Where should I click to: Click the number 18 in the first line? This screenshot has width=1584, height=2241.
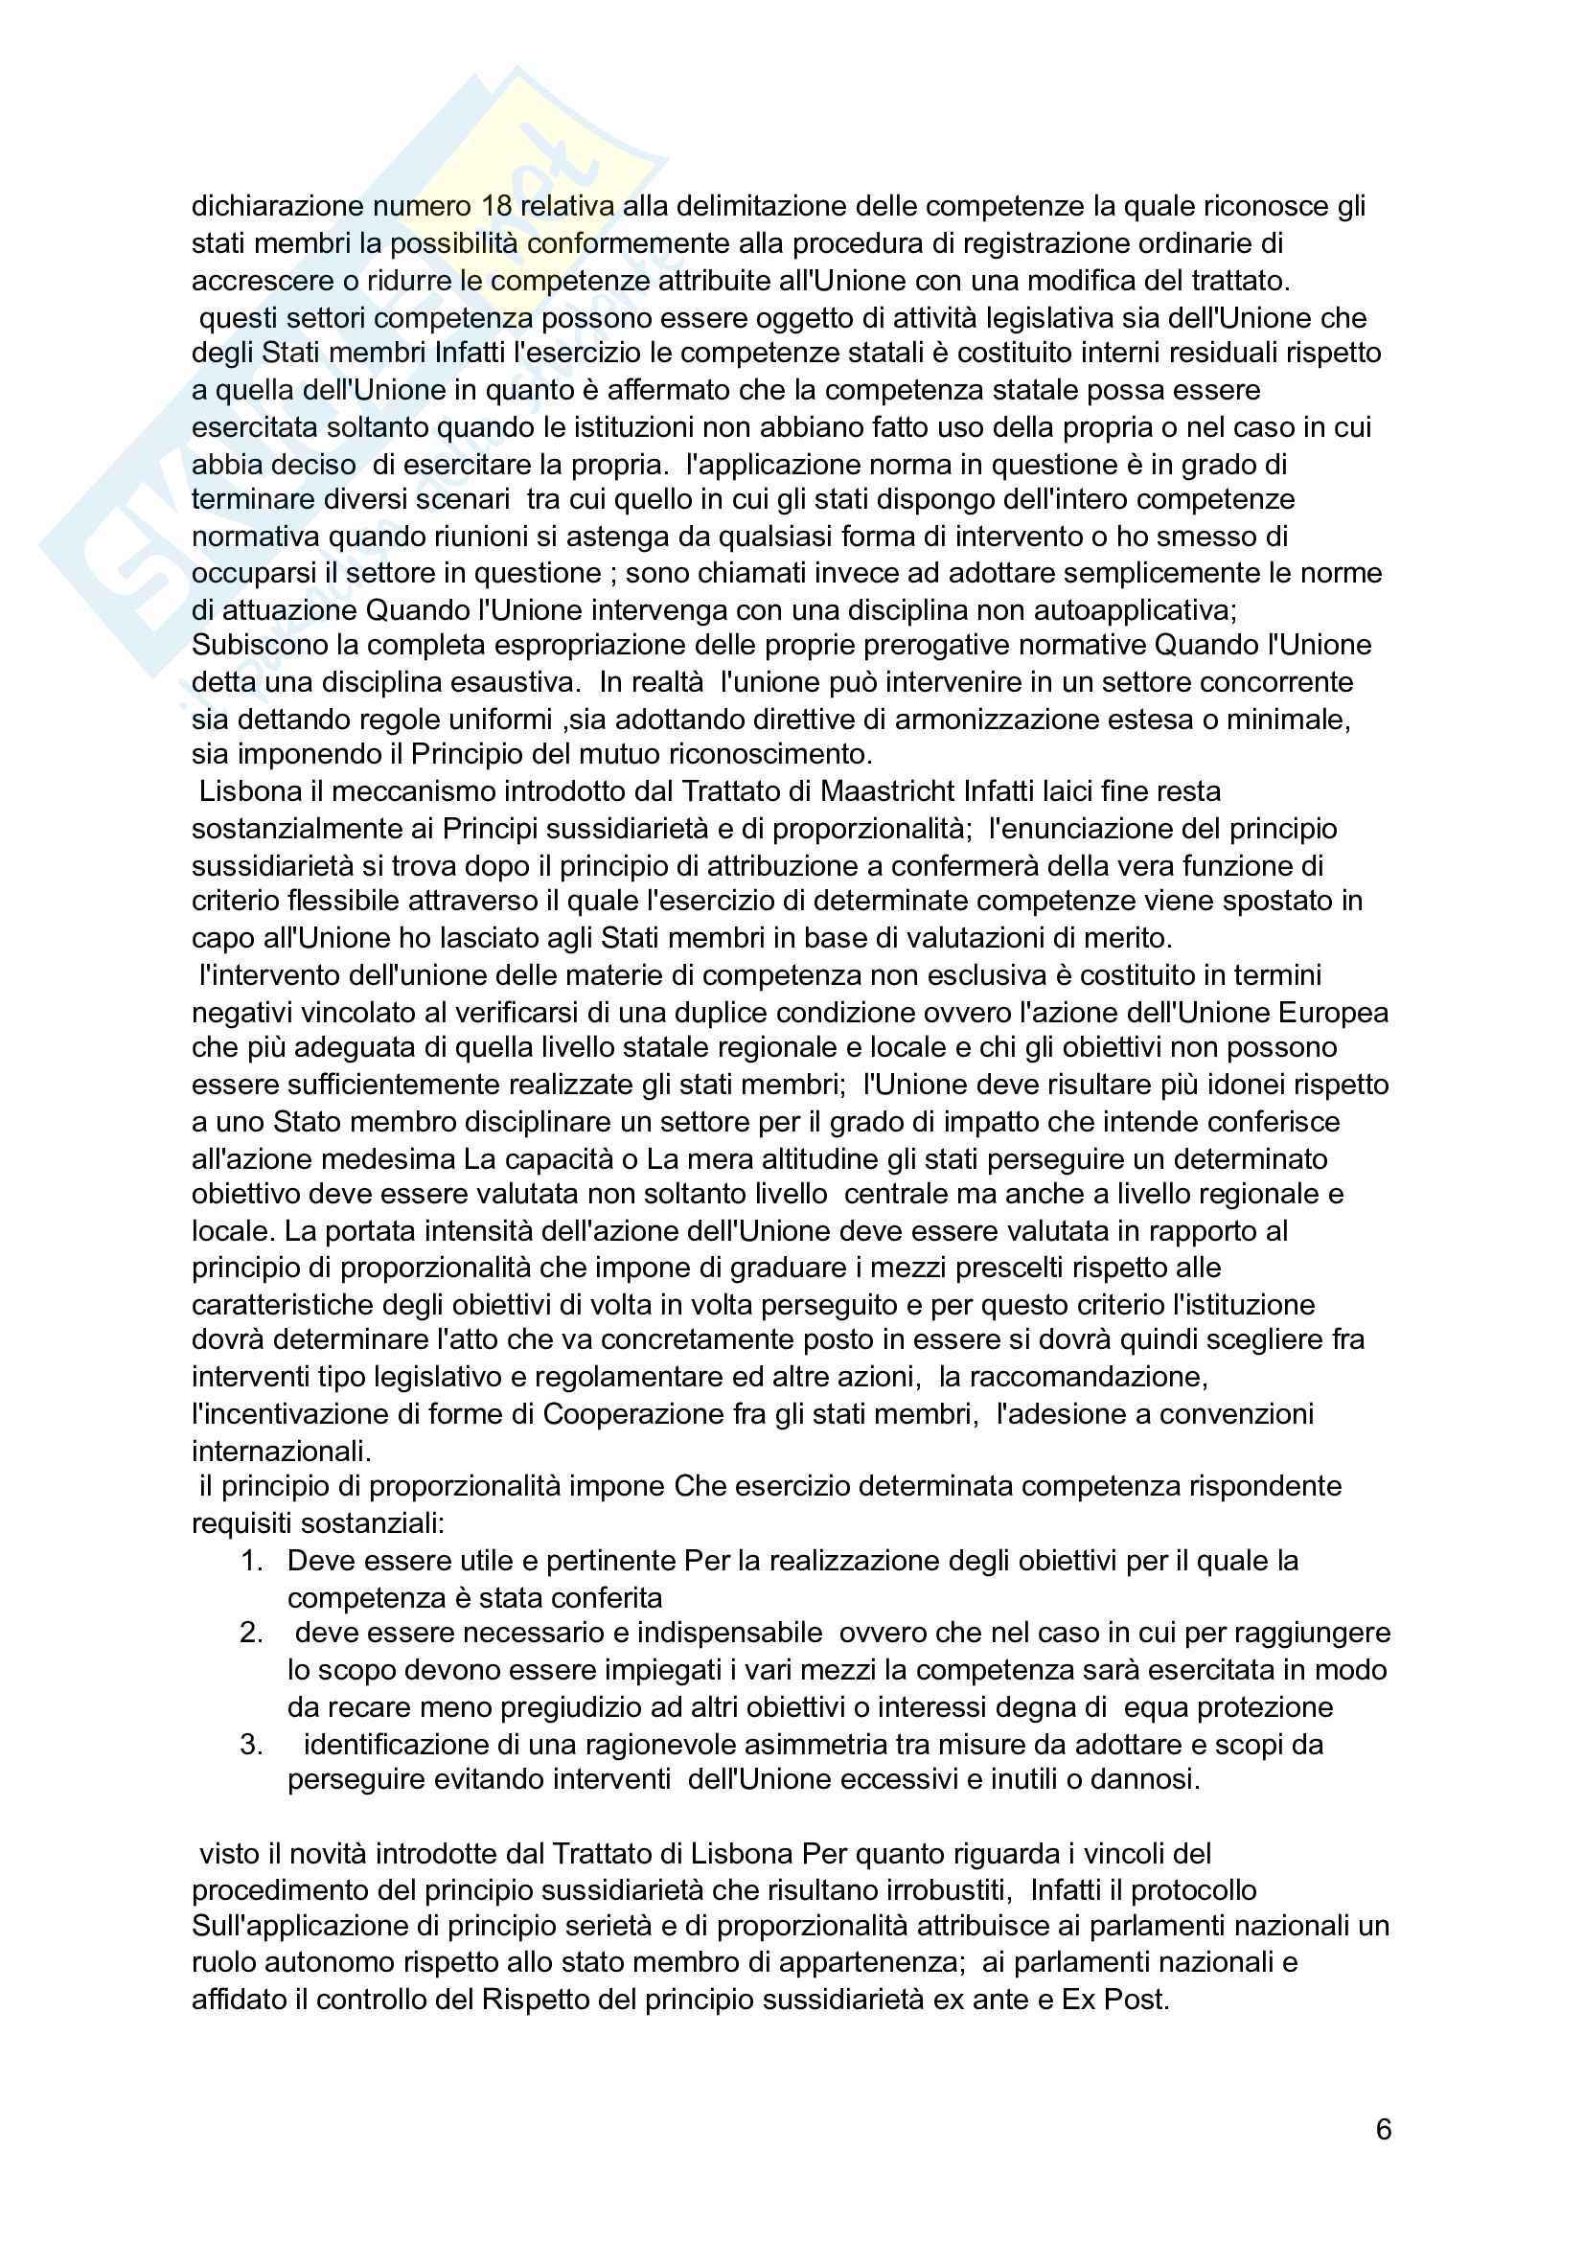coord(497,206)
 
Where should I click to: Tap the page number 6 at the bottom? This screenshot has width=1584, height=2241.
coord(1383,2130)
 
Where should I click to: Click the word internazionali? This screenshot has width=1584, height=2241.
coord(280,1452)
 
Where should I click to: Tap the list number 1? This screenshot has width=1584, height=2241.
coord(252,1561)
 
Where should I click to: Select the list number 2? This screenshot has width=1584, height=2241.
coord(252,1633)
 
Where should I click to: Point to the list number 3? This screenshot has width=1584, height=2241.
coord(252,1744)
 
